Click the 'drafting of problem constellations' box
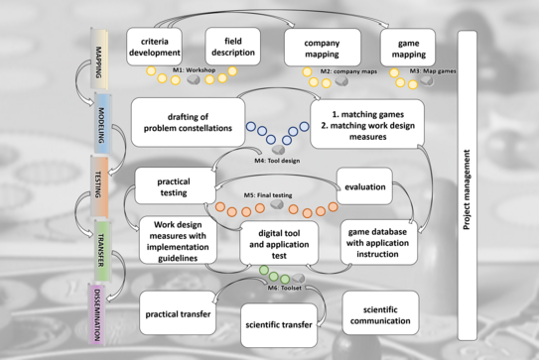[188, 122]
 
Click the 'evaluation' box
[364, 185]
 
